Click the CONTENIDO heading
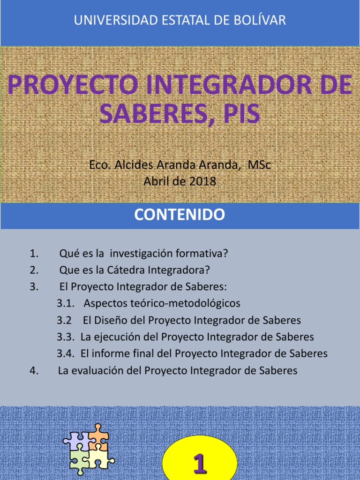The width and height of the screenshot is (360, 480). click(180, 215)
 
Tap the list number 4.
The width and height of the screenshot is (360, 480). click(33, 370)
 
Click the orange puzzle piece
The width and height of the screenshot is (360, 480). click(99, 438)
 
